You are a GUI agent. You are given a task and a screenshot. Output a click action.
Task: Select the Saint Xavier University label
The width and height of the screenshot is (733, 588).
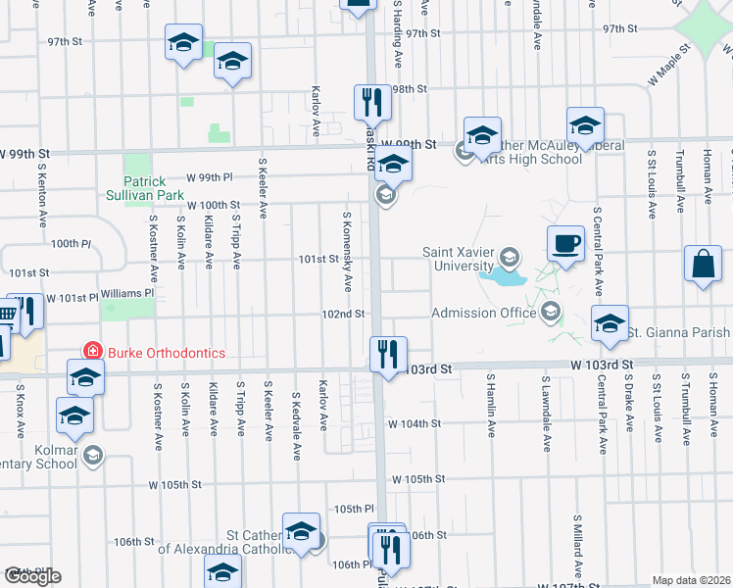458,258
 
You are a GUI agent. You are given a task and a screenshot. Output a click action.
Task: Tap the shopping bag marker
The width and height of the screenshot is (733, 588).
703,264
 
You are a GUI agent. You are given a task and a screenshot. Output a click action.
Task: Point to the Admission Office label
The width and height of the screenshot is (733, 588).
484,313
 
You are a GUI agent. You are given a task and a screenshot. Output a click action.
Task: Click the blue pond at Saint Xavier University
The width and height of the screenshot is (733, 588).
501,277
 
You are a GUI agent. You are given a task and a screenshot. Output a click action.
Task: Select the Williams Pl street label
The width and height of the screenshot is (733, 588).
128,292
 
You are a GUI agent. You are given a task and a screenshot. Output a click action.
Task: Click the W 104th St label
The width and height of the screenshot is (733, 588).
414,424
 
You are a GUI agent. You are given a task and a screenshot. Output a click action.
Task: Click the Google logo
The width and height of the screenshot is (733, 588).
32,577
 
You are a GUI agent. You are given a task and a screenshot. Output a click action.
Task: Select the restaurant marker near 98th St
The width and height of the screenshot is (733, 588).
371,101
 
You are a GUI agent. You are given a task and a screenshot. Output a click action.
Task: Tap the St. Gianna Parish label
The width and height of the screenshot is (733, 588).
678,333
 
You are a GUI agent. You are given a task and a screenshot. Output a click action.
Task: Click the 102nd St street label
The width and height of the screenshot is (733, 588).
345,314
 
